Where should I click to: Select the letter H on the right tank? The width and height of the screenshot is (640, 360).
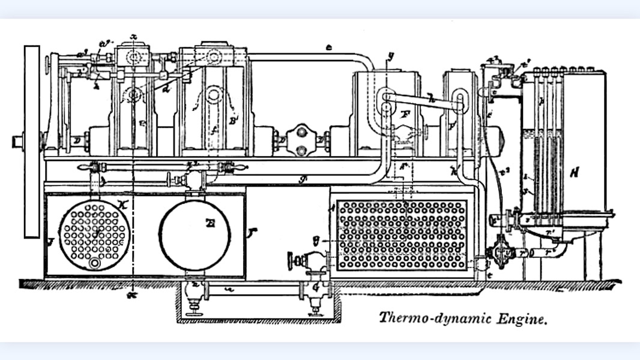(x=575, y=173)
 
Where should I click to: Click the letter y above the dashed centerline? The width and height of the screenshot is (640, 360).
(x=391, y=56)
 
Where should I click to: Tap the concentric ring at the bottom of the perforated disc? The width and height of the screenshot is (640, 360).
(x=94, y=263)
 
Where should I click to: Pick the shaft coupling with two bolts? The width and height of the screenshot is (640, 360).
(x=301, y=140)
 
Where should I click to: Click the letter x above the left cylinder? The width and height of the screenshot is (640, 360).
(x=134, y=37)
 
